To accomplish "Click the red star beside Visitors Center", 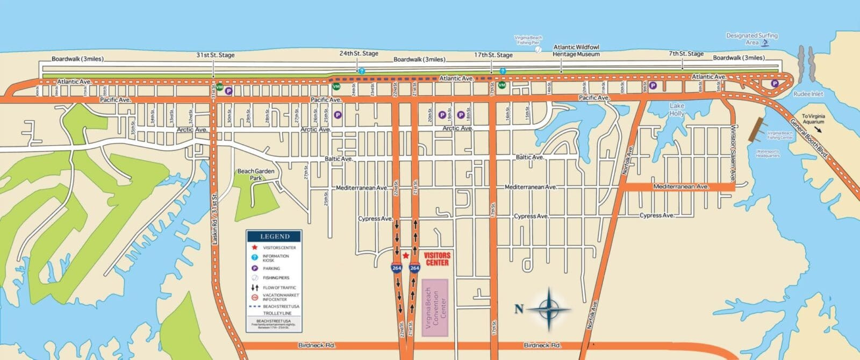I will click(x=406, y=256).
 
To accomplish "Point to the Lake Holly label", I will click(x=677, y=110).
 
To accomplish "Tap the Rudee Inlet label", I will click(x=808, y=94).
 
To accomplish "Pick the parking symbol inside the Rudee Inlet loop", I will click(x=775, y=83).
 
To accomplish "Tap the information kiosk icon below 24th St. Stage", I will click(x=361, y=71).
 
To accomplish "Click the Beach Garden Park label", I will click(x=256, y=174).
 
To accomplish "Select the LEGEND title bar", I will click(x=274, y=236).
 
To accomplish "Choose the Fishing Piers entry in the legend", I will click(x=276, y=278).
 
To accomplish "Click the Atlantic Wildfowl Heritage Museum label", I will click(x=576, y=51).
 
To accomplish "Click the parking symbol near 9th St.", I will click(x=653, y=85).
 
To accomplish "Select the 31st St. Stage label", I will click(x=215, y=55).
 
